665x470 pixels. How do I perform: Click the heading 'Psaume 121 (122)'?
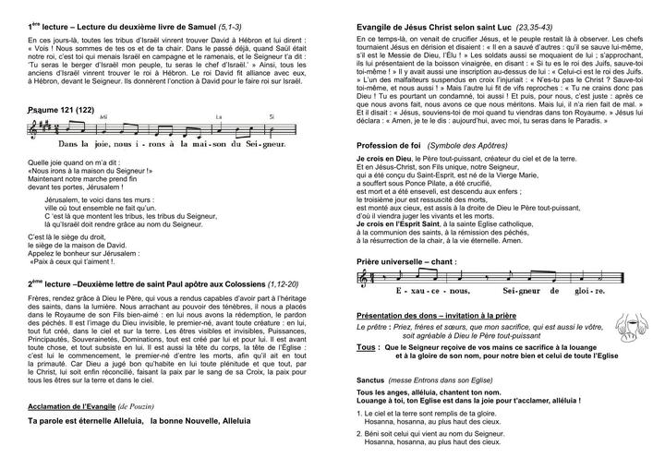tap(61, 111)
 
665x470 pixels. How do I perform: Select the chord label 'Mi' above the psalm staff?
tap(103, 117)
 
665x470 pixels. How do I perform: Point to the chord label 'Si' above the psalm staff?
tap(271, 117)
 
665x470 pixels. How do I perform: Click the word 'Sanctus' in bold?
tap(371, 380)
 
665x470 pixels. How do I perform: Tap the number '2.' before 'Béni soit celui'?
tap(359, 433)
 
